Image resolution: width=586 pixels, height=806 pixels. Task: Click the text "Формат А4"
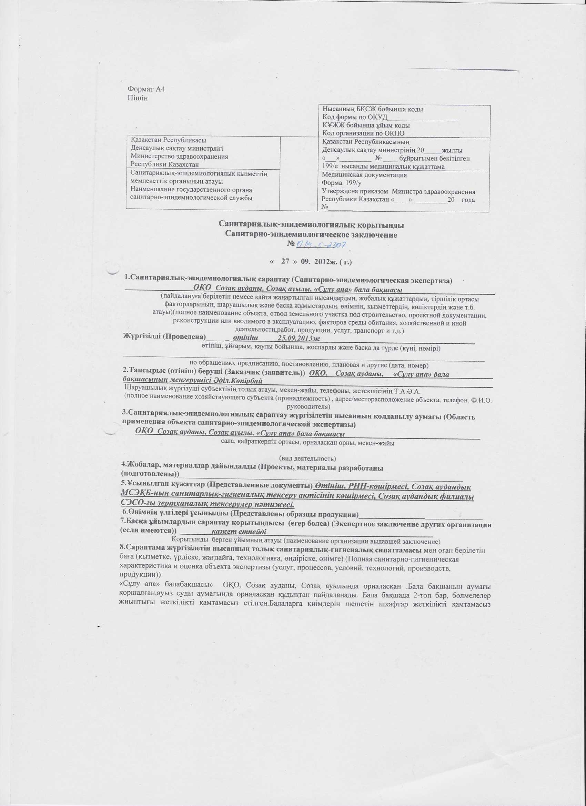146,89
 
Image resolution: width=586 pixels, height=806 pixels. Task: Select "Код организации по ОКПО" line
364,134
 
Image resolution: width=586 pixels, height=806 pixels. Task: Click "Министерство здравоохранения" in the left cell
179,157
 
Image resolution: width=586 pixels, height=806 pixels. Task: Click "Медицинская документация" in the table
364,175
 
